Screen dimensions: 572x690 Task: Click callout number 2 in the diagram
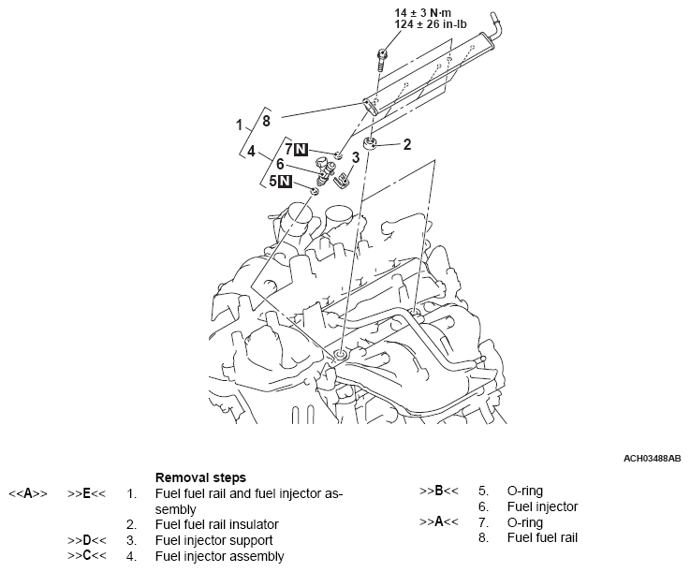tap(407, 144)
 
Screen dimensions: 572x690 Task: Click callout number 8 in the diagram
tap(267, 121)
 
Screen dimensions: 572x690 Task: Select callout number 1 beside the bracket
tap(240, 124)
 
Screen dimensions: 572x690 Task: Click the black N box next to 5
tap(285, 181)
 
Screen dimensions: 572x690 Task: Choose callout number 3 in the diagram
tap(356, 158)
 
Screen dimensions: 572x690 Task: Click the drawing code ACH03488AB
tap(653, 460)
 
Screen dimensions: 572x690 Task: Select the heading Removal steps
tap(200, 477)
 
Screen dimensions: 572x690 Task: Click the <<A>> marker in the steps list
tap(27, 492)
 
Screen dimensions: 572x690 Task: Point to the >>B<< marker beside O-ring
tap(438, 491)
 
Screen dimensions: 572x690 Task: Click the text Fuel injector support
tap(213, 540)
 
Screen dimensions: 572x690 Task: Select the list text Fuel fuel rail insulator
tap(216, 524)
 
